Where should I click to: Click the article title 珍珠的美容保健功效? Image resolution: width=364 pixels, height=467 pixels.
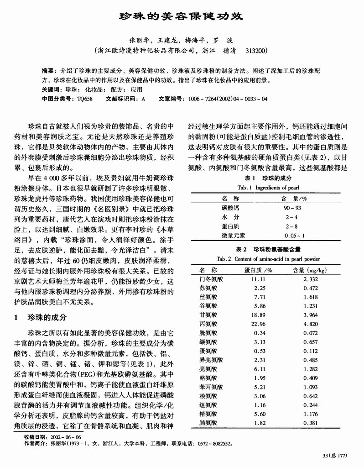pyautogui.click(x=182, y=16)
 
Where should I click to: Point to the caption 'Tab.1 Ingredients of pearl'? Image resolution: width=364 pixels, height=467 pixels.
pyautogui.click(x=268, y=188)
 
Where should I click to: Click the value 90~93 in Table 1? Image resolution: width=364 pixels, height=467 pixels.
pyautogui.click(x=292, y=208)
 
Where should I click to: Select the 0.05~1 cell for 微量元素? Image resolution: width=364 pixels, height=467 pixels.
pyautogui.click(x=294, y=236)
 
